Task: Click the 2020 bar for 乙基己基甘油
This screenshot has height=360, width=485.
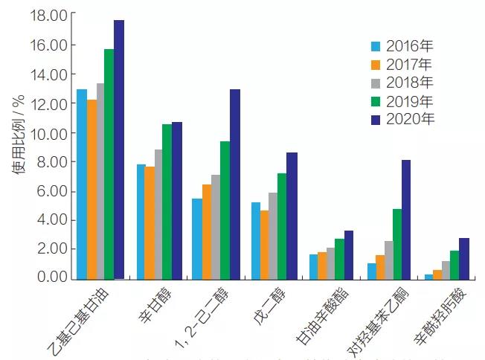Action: click(119, 149)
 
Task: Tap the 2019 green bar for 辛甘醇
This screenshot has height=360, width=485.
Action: click(167, 201)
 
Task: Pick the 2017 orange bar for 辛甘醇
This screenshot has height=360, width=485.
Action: click(149, 222)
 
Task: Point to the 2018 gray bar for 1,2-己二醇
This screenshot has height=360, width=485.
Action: click(216, 226)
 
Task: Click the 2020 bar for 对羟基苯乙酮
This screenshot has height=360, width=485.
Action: click(406, 219)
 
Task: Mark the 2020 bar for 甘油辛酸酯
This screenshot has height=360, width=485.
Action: click(349, 254)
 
